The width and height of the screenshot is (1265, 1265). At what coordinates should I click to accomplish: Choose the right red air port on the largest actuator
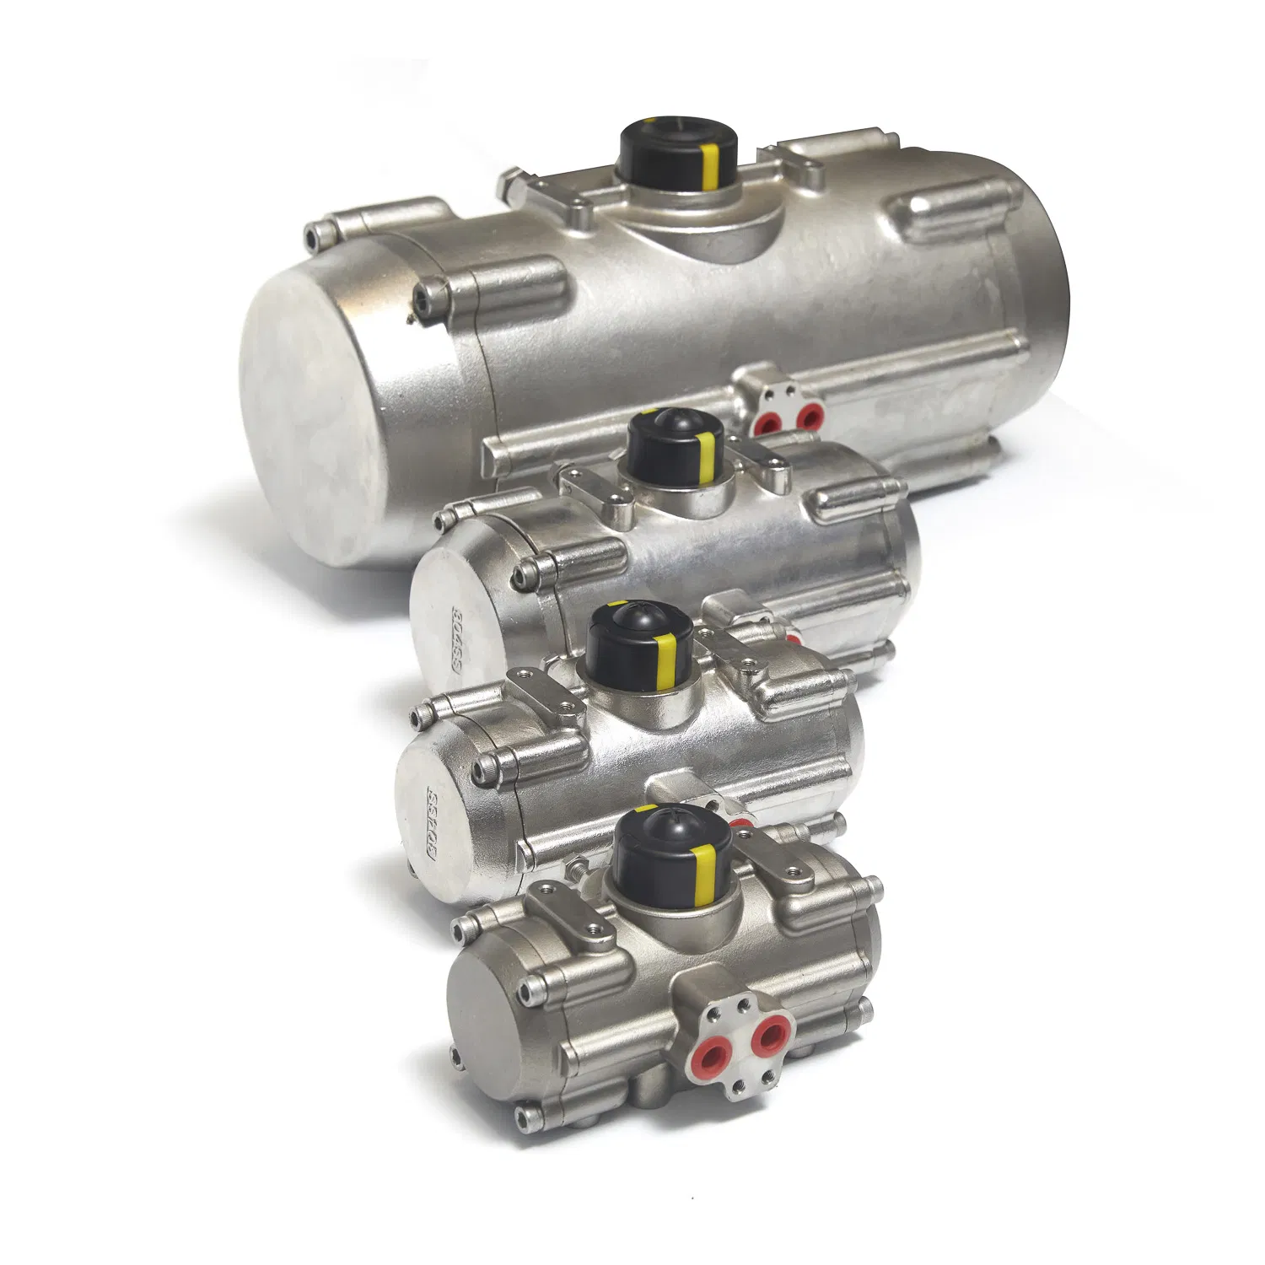810,415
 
